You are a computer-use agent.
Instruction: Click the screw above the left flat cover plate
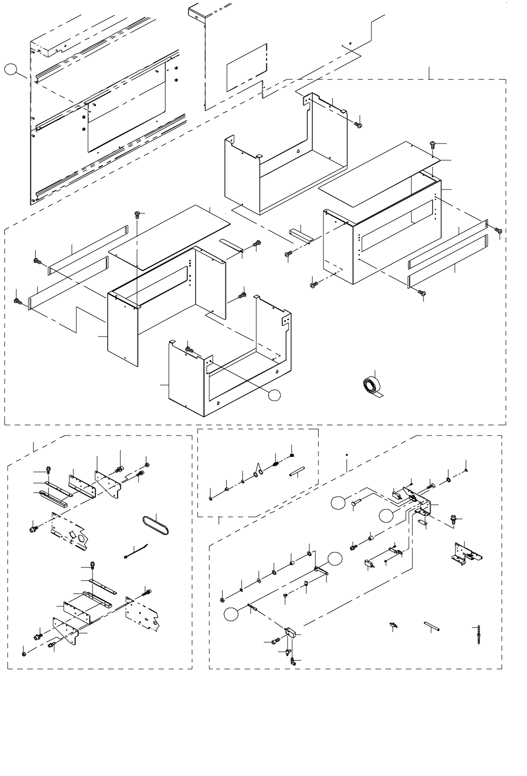pos(136,215)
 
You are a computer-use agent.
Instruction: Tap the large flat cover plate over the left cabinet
pos(169,236)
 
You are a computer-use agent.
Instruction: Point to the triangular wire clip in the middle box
pos(259,470)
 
